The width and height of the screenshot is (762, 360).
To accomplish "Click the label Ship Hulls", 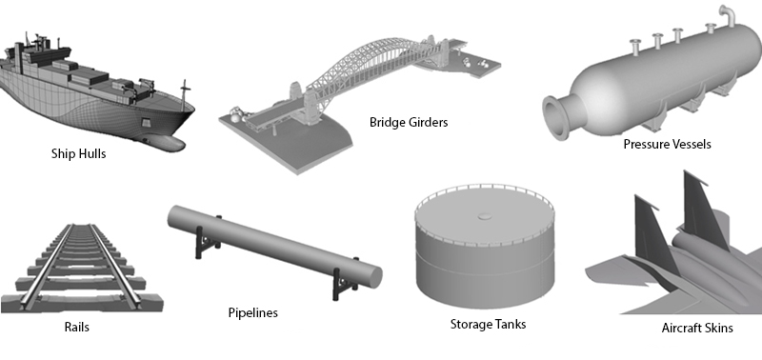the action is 78,154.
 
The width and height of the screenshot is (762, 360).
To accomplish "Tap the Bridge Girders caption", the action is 409,123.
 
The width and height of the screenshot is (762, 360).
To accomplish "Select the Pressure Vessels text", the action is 668,145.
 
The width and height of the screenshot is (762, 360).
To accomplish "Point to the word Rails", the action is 77,327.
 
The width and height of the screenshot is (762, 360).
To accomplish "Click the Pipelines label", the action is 253,313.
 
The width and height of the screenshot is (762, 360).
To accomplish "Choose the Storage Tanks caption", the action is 488,324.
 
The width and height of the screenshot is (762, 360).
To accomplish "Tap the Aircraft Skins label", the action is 697,329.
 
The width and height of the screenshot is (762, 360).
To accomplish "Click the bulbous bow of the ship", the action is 165,142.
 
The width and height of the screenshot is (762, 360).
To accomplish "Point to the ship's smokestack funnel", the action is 19,57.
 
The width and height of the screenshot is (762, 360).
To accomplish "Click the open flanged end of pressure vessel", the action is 554,118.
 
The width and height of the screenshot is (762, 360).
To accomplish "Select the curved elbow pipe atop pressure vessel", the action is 728,14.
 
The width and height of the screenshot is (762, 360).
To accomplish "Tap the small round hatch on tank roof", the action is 485,215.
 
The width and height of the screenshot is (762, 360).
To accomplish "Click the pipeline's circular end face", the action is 374,277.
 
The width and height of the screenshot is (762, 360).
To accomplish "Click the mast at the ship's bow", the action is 184,94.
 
